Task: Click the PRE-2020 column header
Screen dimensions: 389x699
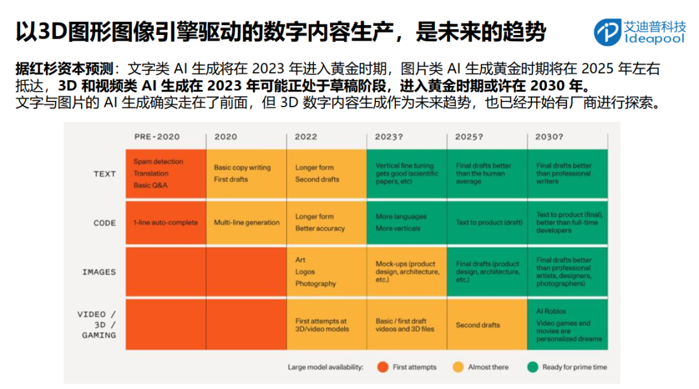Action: (x=157, y=137)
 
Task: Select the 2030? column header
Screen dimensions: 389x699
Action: (x=549, y=137)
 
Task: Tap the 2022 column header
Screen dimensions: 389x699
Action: (x=305, y=137)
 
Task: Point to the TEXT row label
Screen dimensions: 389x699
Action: (x=104, y=174)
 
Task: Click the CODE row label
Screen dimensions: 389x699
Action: (x=104, y=223)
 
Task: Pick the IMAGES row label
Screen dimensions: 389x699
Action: (x=99, y=272)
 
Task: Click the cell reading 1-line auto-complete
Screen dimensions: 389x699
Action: (x=166, y=223)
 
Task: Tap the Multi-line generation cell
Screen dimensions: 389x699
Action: (x=247, y=223)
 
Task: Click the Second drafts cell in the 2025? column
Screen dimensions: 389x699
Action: (x=478, y=326)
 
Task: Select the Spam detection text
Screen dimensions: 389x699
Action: (x=159, y=162)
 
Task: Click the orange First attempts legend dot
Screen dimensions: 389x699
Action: (x=383, y=367)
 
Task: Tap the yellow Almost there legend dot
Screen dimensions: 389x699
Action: (x=458, y=367)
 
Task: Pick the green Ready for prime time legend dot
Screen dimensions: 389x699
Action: (x=533, y=367)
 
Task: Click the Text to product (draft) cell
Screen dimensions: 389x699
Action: (x=487, y=223)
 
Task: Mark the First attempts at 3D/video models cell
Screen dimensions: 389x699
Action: (x=322, y=325)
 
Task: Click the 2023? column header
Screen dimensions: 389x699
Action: (x=388, y=137)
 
